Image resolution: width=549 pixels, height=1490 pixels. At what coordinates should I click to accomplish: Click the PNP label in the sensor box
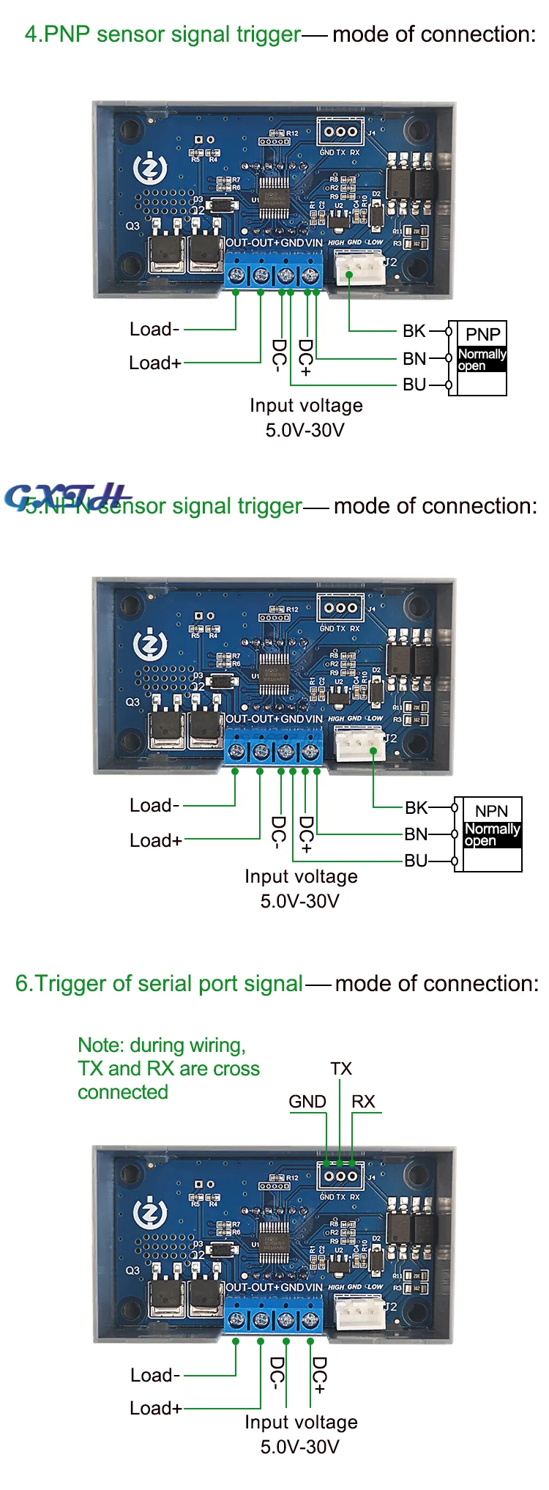pos(483,335)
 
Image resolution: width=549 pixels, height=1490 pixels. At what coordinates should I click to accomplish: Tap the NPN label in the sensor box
pos(491,811)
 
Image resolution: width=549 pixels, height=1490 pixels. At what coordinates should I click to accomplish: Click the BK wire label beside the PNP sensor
pos(414,331)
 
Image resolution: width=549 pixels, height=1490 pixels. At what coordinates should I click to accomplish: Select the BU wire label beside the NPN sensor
pos(416,861)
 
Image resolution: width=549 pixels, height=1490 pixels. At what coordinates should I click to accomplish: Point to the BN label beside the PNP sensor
pos(414,358)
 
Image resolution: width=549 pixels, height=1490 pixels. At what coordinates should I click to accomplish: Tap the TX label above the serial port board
pos(341,1069)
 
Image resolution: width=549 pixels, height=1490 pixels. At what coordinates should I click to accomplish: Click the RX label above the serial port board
pos(363,1102)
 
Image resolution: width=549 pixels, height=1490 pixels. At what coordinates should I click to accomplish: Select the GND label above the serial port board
pos(307,1102)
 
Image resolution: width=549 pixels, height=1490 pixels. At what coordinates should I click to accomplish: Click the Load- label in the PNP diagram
pos(154,330)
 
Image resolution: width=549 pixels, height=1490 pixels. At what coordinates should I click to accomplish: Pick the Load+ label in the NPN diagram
pos(155,840)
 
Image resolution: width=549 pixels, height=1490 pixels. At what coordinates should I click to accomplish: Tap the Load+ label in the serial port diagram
pos(155,1408)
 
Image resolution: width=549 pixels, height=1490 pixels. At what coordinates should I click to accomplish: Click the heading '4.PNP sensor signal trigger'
pos(163,34)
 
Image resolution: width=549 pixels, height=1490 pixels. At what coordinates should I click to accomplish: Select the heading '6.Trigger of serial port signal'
pos(159,983)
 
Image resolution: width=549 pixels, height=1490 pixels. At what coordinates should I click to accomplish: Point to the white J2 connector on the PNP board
pos(359,267)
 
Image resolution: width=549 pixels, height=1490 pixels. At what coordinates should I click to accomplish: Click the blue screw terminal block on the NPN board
pos(273,752)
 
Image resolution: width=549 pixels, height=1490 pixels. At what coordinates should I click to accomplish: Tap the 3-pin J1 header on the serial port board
pos(340,1176)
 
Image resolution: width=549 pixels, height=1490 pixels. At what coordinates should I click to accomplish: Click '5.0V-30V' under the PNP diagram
pos(305,430)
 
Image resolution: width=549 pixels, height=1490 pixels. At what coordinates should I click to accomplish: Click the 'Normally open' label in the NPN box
pos(492,834)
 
